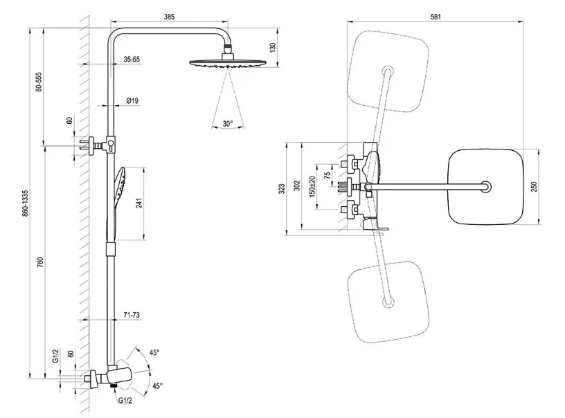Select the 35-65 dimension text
point(132,60)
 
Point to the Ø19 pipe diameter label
point(132,101)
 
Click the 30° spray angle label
point(228,124)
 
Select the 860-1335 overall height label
point(26,203)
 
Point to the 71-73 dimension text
point(132,315)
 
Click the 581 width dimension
point(435,16)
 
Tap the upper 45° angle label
point(155,353)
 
